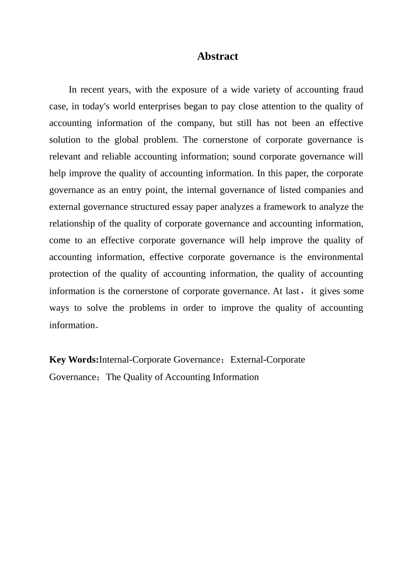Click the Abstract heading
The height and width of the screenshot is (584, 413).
point(217,56)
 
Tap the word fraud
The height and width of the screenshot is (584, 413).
point(353,90)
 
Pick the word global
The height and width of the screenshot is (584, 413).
point(126,140)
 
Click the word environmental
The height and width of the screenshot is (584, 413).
point(335,257)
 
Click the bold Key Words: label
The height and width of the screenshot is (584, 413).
point(74,360)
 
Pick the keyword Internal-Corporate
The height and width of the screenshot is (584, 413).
point(135,360)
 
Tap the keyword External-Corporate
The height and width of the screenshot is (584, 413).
point(267,360)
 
